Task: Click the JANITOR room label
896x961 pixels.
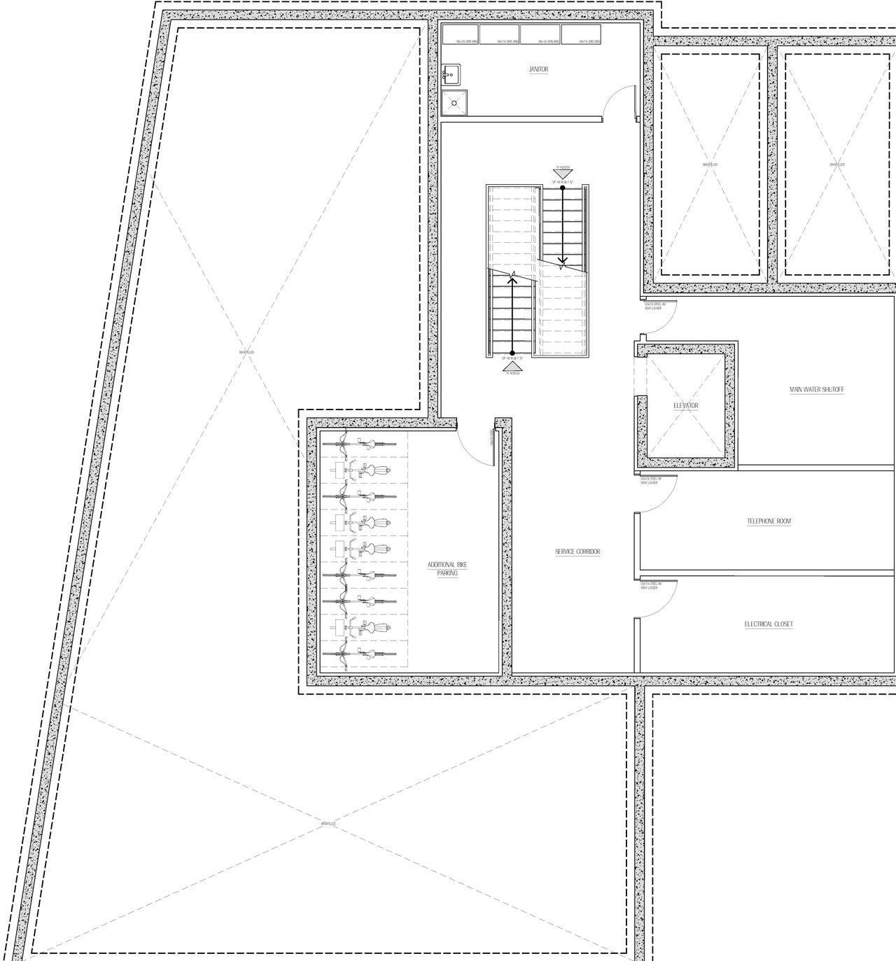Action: [x=538, y=69]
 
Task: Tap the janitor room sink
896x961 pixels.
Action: [x=451, y=72]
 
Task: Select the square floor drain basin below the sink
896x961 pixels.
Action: [x=454, y=103]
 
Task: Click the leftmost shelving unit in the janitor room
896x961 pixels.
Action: [x=459, y=35]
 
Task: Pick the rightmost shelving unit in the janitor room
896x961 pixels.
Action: [x=582, y=35]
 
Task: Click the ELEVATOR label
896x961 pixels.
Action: [x=685, y=406]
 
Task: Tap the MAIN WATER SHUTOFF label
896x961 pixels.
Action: [x=817, y=389]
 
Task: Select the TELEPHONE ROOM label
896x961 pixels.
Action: [x=769, y=521]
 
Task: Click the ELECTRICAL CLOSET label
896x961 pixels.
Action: [x=769, y=624]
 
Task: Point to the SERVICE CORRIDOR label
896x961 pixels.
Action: [x=577, y=552]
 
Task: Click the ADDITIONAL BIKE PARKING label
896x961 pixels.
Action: [x=447, y=568]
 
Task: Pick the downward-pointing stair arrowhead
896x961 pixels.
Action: [x=563, y=262]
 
